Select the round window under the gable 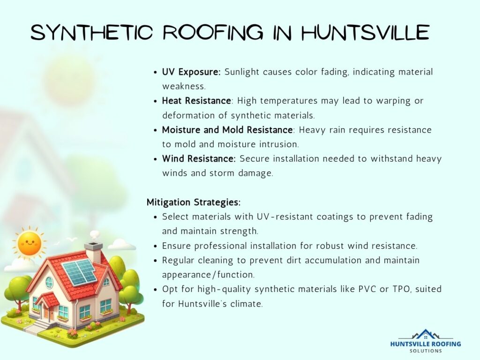pos(49,283)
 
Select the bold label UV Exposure pos(192,72)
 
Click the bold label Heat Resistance pos(196,101)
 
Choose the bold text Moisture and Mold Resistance pos(227,129)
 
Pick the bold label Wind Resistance pos(199,158)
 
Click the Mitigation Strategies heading pos(194,202)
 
